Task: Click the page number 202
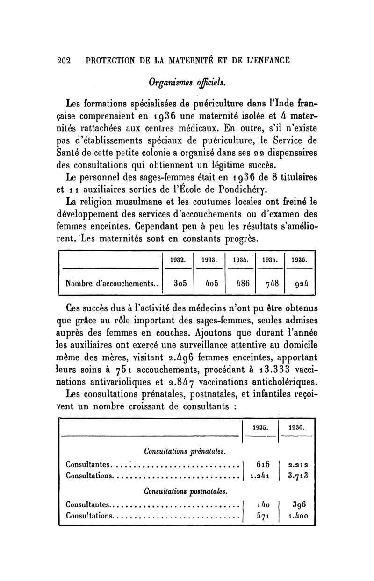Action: tap(63, 60)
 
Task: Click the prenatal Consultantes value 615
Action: tap(262, 465)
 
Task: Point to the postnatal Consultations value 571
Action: tap(262, 516)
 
